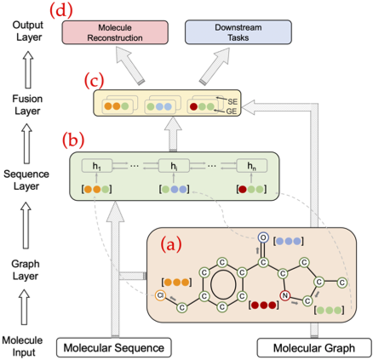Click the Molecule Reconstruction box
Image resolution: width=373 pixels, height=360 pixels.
(x=115, y=32)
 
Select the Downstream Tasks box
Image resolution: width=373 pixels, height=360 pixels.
(x=238, y=32)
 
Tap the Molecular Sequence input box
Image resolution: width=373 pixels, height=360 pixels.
(x=114, y=347)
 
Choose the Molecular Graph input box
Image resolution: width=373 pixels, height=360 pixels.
(x=314, y=347)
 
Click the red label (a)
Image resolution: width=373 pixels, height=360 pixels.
(x=171, y=244)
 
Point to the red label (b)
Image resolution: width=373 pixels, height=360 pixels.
(x=73, y=140)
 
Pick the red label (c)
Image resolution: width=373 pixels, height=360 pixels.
(x=94, y=80)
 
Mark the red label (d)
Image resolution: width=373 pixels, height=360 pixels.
(x=61, y=10)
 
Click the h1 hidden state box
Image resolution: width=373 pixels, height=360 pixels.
(x=97, y=166)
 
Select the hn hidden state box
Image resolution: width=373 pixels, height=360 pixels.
(x=252, y=166)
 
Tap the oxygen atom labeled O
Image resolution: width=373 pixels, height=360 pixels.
(x=263, y=237)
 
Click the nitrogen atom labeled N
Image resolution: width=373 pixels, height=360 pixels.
(x=284, y=296)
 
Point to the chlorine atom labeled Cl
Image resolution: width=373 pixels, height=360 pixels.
(x=160, y=295)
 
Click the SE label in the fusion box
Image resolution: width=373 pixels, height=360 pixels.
(x=232, y=101)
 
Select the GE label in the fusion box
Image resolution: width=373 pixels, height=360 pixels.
(x=232, y=111)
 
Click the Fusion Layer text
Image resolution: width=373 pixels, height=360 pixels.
(x=27, y=105)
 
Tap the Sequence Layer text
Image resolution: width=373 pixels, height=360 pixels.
(x=26, y=180)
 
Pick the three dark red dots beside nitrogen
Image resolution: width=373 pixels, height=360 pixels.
(x=264, y=306)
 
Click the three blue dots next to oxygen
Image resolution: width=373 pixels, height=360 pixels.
(x=289, y=241)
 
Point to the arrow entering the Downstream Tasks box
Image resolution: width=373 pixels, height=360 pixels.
(x=215, y=66)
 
